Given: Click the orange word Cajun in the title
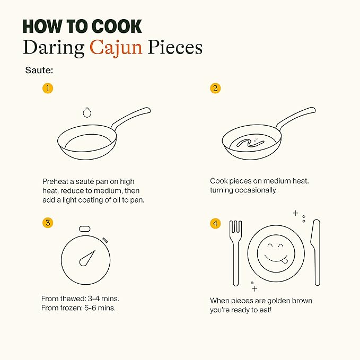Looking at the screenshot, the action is point(116,48).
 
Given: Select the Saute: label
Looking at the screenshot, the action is point(39,70).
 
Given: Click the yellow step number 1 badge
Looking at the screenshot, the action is point(48,88).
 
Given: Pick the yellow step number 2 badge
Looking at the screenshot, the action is point(215,88).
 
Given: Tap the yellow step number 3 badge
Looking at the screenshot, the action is point(48,223).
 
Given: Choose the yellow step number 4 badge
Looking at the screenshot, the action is point(215,223).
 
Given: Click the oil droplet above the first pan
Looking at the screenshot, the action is point(87,112).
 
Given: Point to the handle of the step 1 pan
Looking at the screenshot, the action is point(131,117).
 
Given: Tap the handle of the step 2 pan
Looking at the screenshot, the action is point(296,117).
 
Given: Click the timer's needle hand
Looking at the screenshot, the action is point(87,258).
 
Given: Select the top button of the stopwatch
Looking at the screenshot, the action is point(84,229).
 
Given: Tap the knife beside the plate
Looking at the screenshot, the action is point(316,252).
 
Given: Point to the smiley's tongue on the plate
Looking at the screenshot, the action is point(285,261).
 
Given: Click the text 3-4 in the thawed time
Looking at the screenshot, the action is point(93,298).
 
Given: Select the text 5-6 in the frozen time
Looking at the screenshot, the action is point(90,308).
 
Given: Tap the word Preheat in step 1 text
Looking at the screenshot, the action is point(55,182).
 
